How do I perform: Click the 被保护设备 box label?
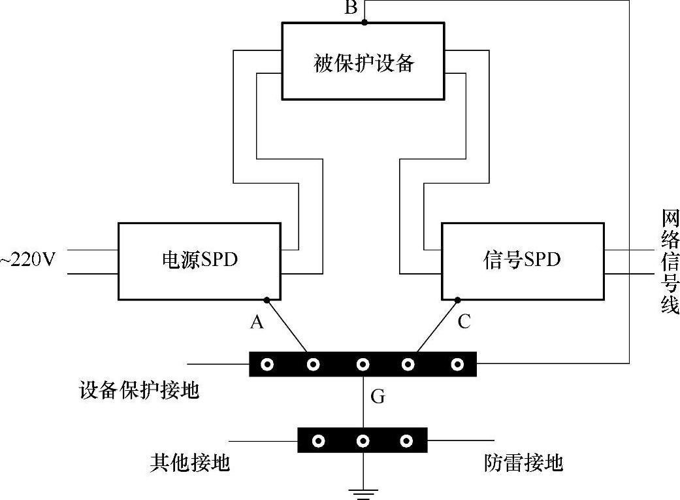(x=364, y=63)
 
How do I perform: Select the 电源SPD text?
(x=199, y=260)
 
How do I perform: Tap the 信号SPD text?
(x=521, y=260)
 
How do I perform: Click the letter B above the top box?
(x=351, y=8)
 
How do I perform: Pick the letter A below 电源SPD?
(x=257, y=322)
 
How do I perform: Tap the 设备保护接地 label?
(x=138, y=391)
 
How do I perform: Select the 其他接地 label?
(x=190, y=463)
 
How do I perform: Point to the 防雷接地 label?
(x=523, y=463)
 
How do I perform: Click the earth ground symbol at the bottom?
(x=363, y=491)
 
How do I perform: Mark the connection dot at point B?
(x=364, y=22)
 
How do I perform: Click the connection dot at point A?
(x=267, y=300)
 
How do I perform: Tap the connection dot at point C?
(x=457, y=300)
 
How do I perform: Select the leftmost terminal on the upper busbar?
(x=267, y=364)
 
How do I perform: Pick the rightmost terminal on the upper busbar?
(x=458, y=364)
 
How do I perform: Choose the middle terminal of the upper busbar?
(x=363, y=364)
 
